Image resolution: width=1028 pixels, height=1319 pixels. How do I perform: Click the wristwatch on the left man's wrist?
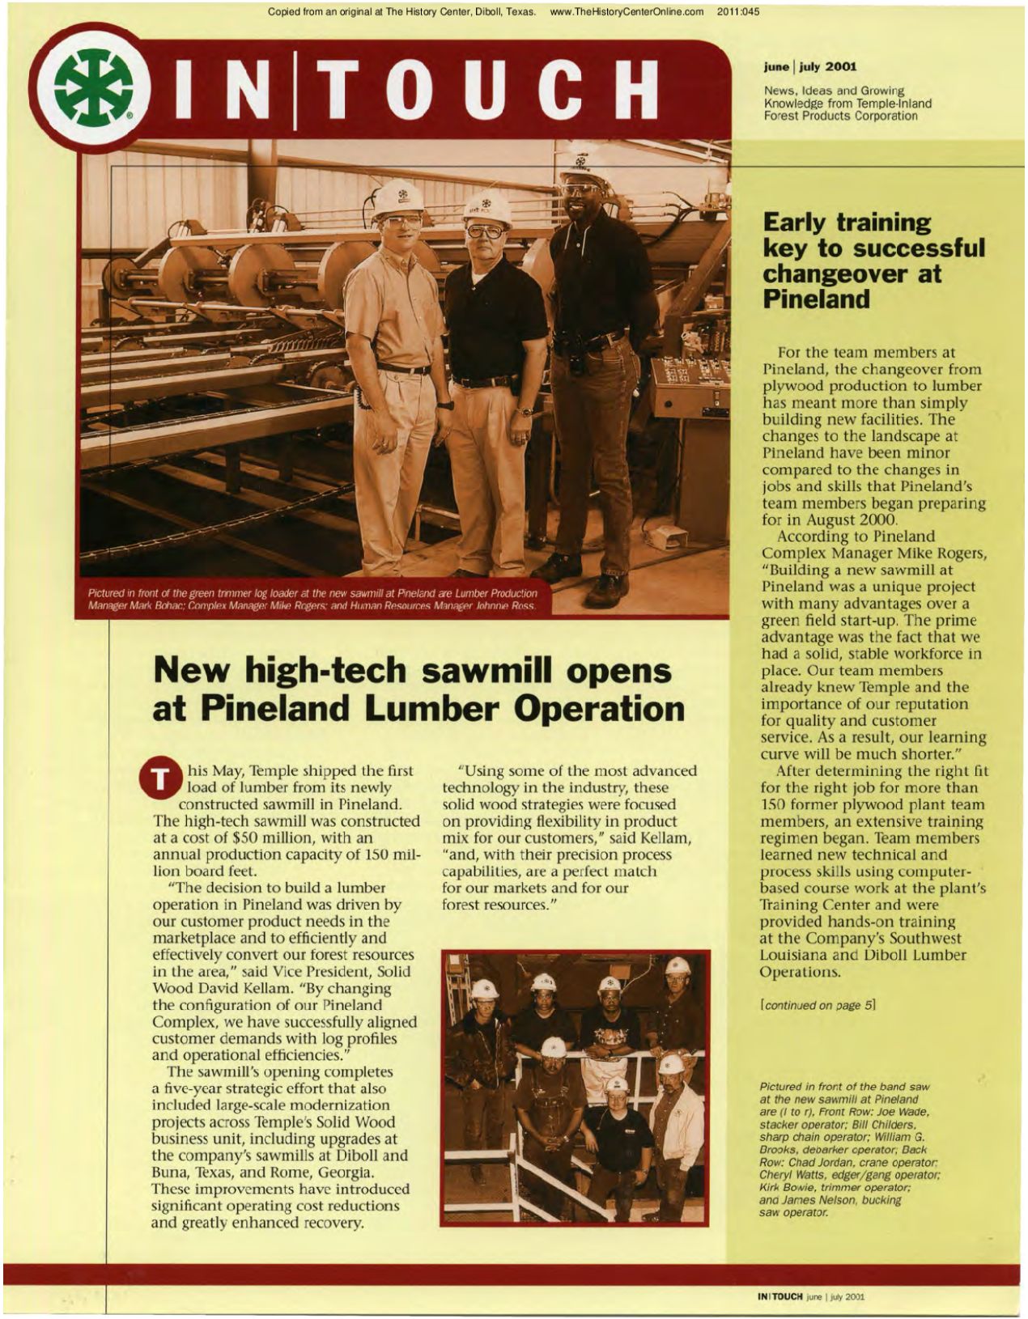(444, 405)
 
